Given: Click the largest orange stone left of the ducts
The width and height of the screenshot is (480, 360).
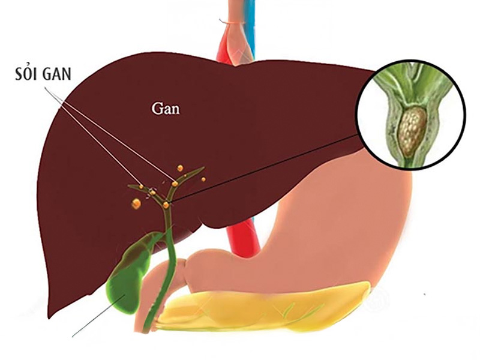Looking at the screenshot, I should click(x=136, y=204).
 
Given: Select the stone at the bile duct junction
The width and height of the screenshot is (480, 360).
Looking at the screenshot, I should click(x=166, y=205).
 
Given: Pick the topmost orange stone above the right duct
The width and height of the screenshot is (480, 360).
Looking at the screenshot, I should click(x=179, y=167).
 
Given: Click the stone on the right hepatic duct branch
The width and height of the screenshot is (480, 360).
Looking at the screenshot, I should click(x=175, y=184).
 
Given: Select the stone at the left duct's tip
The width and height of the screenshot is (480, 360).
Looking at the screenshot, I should click(x=142, y=187).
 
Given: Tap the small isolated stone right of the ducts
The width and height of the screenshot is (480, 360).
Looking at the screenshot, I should click(x=203, y=179).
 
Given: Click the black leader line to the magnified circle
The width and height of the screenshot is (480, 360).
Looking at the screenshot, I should click(x=270, y=168).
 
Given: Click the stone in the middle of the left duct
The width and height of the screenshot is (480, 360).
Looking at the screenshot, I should click(x=152, y=193).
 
